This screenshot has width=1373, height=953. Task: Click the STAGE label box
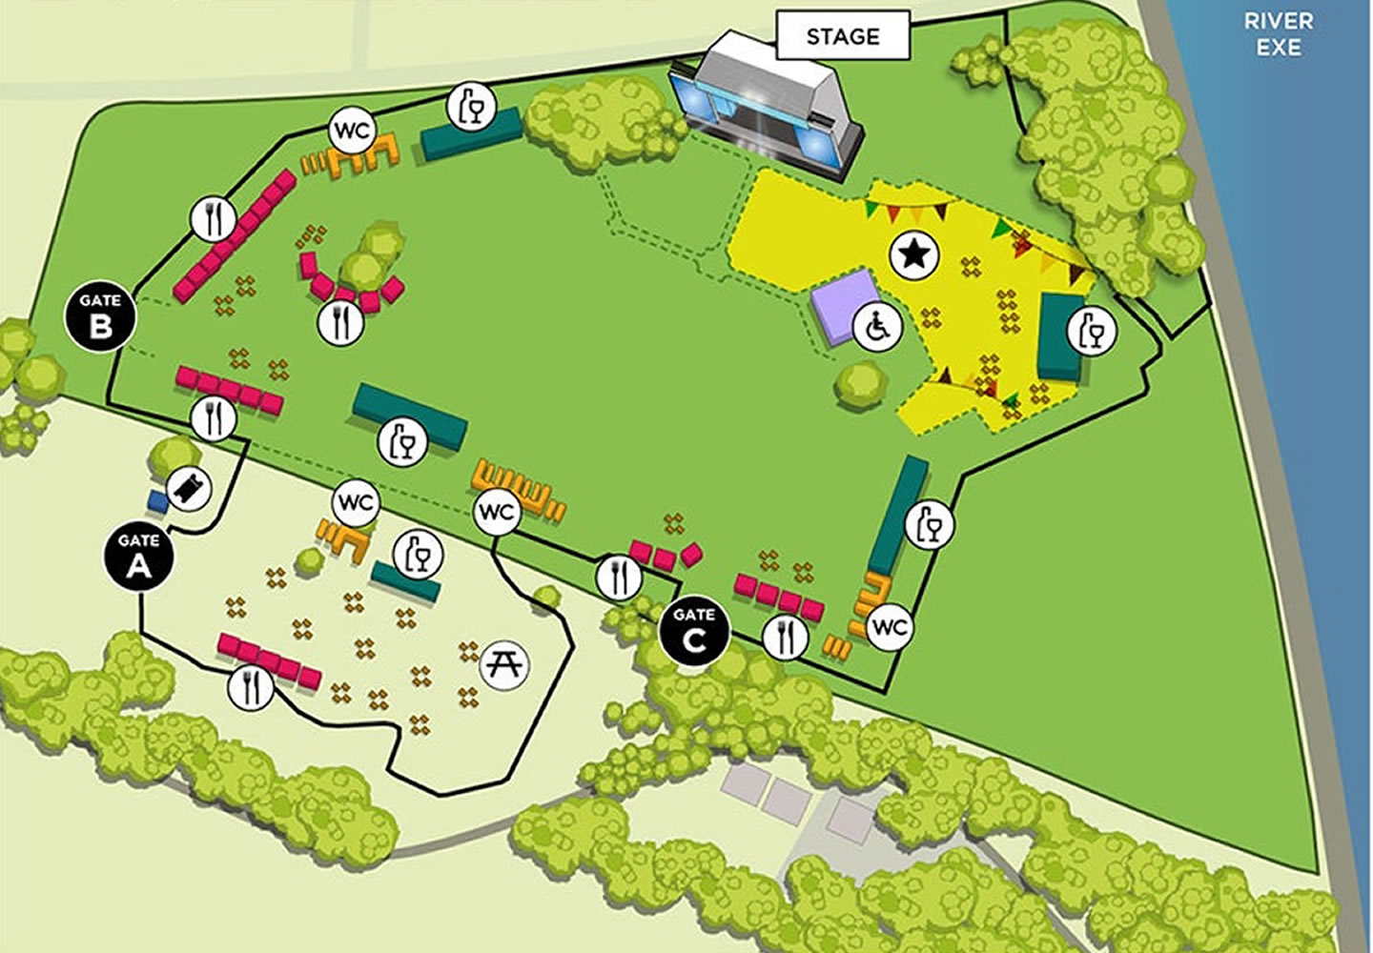click(x=842, y=37)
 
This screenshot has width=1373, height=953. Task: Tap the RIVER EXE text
click(x=1278, y=34)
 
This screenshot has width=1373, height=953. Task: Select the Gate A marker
click(x=138, y=557)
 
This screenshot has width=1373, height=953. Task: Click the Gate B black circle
click(x=100, y=316)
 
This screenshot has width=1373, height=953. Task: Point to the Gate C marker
click(x=695, y=632)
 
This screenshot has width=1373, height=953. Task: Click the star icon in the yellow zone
click(x=914, y=254)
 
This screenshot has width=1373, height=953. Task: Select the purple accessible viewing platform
click(x=843, y=307)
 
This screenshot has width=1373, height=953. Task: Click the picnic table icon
click(x=505, y=662)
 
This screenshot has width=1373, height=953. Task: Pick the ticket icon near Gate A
click(x=190, y=492)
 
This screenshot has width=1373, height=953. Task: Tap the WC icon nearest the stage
click(x=352, y=131)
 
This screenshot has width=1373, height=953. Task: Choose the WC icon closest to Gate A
click(x=356, y=502)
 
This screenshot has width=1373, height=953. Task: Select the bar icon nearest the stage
click(x=472, y=106)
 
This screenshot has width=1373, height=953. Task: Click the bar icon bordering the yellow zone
click(x=1092, y=332)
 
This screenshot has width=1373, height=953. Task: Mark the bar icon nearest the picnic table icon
click(x=418, y=555)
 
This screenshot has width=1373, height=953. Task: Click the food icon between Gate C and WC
click(x=786, y=637)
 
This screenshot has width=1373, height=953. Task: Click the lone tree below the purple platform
click(x=861, y=384)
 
